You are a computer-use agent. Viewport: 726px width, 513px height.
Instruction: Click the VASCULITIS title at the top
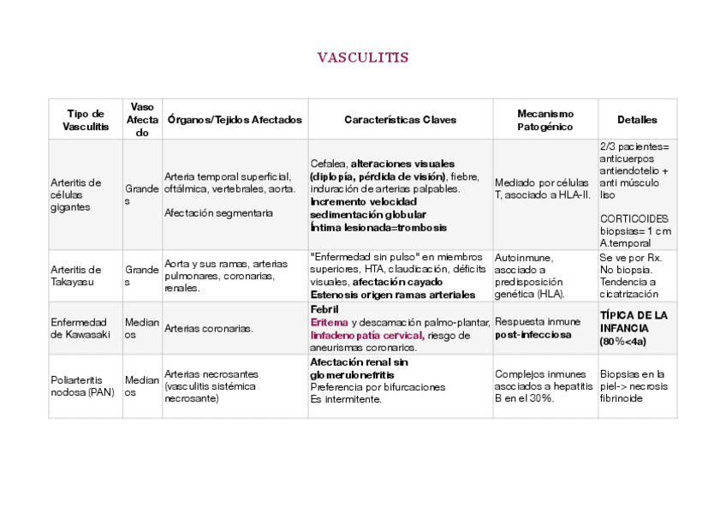[363, 58]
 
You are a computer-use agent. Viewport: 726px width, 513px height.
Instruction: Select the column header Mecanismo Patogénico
[545, 120]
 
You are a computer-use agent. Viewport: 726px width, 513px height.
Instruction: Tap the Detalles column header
[637, 120]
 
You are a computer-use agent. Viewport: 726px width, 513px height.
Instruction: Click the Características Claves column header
[400, 120]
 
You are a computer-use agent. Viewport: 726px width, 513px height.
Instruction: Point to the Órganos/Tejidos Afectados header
[235, 120]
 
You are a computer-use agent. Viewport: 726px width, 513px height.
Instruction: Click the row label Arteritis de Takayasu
[76, 276]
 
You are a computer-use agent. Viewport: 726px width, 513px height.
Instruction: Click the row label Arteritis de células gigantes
[76, 195]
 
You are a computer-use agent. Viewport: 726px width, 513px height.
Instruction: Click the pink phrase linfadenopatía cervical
[367, 335]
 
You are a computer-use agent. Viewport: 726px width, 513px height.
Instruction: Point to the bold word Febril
[325, 309]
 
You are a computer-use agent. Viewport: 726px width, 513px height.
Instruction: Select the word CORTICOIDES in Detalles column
[634, 218]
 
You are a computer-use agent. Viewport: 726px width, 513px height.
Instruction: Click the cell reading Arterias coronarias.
[208, 328]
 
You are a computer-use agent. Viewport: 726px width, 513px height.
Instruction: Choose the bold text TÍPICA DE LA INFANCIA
[634, 321]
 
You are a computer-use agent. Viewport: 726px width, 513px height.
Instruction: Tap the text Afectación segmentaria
[218, 213]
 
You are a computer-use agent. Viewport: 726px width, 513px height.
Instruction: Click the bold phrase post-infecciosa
[533, 335]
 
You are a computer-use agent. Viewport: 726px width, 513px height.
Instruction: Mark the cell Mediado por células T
[542, 188]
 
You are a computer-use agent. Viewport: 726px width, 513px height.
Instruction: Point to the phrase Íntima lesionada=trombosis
[378, 228]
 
